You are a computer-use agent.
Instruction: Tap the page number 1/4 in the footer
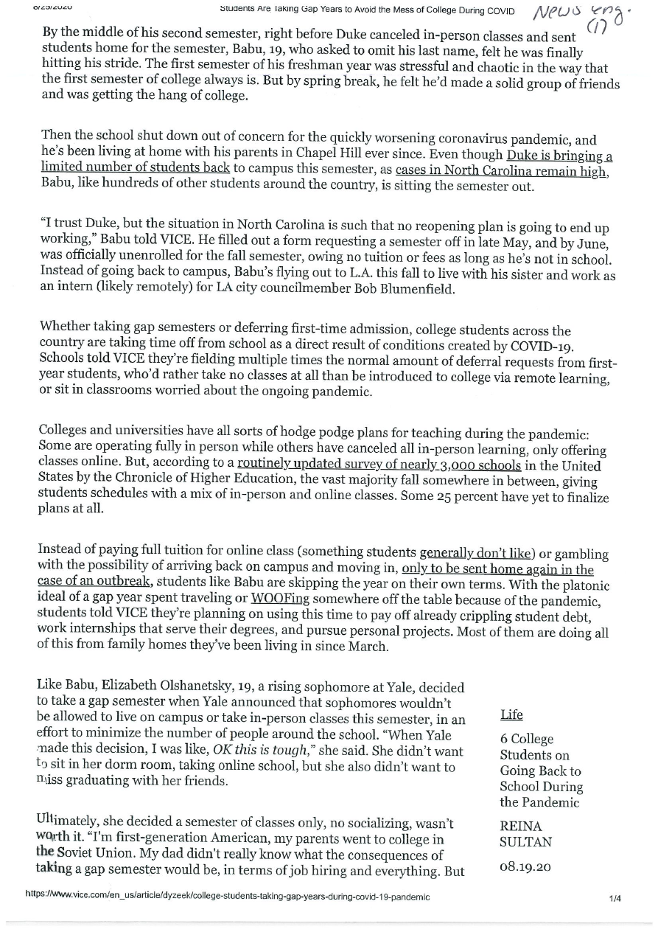click(615, 898)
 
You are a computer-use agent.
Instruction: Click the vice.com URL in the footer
click(228, 897)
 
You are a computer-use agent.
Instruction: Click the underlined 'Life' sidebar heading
click(511, 714)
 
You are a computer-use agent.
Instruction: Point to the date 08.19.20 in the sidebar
click(525, 867)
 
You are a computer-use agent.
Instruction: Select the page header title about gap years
click(367, 11)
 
